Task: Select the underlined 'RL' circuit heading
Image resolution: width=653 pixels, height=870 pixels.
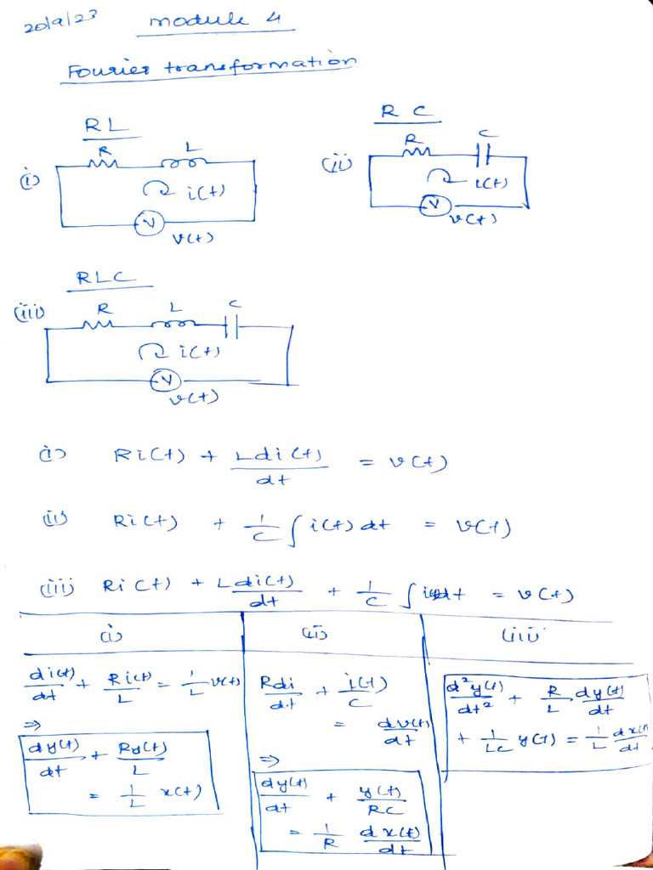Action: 105,127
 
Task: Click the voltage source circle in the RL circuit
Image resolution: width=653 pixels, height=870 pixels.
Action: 147,223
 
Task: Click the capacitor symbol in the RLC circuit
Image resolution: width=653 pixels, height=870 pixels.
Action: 231,326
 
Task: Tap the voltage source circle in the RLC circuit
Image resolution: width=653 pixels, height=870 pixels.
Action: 162,381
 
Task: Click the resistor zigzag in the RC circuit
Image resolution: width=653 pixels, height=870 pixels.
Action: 414,154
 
